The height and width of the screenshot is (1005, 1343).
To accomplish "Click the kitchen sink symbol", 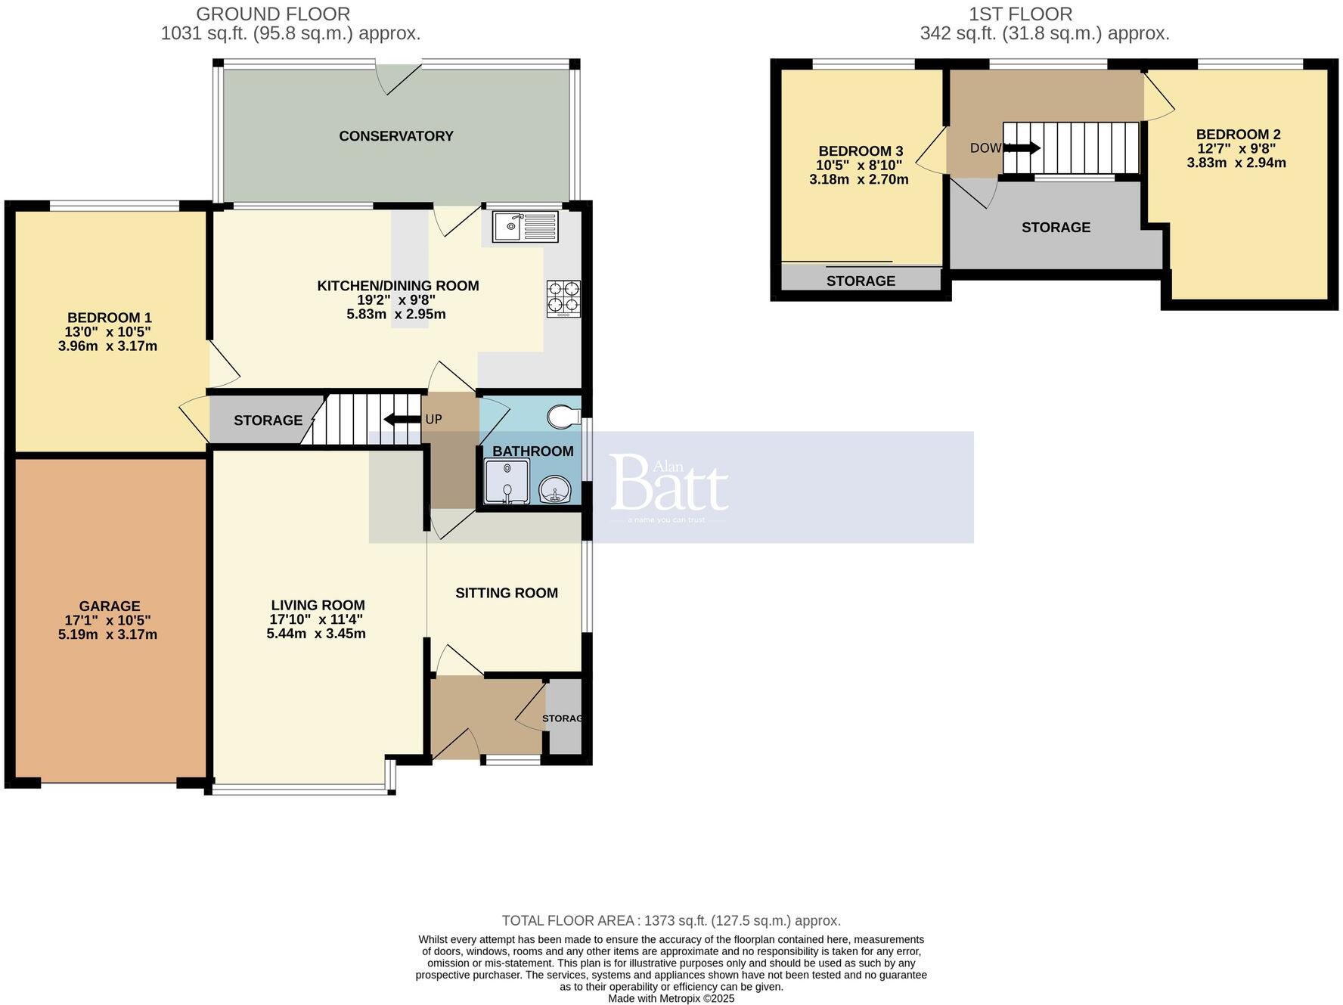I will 526,226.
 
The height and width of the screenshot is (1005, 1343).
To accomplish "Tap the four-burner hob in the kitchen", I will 563,298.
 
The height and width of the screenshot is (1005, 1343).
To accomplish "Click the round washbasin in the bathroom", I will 556,489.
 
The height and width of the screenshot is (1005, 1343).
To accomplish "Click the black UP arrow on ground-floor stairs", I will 401,420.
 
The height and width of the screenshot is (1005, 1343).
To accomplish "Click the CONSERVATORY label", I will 395,136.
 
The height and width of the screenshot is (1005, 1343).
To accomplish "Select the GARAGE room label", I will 110,606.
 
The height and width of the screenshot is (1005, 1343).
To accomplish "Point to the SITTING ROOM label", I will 507,593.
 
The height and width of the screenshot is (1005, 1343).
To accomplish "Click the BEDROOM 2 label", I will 1238,135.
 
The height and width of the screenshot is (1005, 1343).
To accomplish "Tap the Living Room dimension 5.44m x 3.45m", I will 316,634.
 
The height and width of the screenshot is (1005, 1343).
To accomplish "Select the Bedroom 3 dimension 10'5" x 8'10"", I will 858,165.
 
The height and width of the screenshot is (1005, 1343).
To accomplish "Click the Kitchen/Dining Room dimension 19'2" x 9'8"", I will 397,299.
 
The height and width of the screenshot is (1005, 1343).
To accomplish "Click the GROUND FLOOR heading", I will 273,14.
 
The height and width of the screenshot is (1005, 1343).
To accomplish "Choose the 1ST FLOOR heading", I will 1020,14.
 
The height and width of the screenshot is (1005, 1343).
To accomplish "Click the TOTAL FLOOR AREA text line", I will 671,920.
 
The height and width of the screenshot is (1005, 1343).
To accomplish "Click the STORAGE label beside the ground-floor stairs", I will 268,420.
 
